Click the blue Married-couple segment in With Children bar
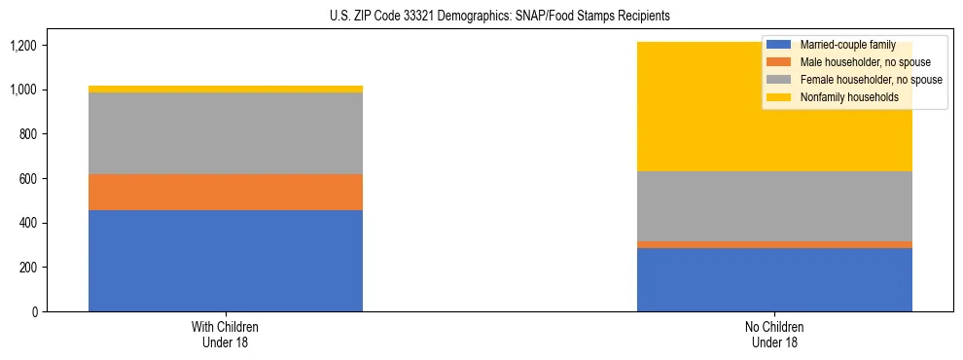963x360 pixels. click(x=226, y=261)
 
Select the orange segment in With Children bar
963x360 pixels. click(x=226, y=192)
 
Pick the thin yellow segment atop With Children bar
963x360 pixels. click(x=226, y=89)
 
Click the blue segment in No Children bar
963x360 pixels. click(x=774, y=279)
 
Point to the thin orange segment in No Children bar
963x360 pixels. click(x=774, y=244)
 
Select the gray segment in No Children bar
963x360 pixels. click(x=774, y=206)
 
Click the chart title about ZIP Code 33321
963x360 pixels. click(x=481, y=17)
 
